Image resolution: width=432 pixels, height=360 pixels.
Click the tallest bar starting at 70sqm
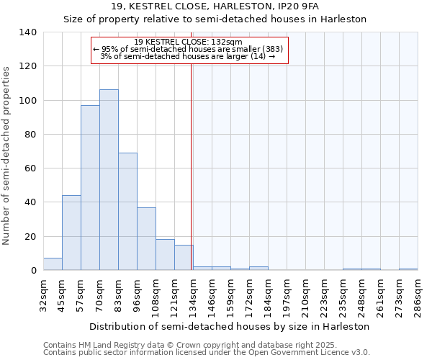109,180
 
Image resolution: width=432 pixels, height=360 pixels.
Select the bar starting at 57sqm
90,188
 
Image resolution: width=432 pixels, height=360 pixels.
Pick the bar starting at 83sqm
127,212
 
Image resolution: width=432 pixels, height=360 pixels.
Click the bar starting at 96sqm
146,239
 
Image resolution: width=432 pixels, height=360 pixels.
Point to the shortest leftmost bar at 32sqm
53,264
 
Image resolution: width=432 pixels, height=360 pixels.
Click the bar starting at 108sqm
165,255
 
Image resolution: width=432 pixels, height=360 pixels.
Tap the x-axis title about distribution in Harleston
230,326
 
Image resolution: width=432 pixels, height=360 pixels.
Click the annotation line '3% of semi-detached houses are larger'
188,57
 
